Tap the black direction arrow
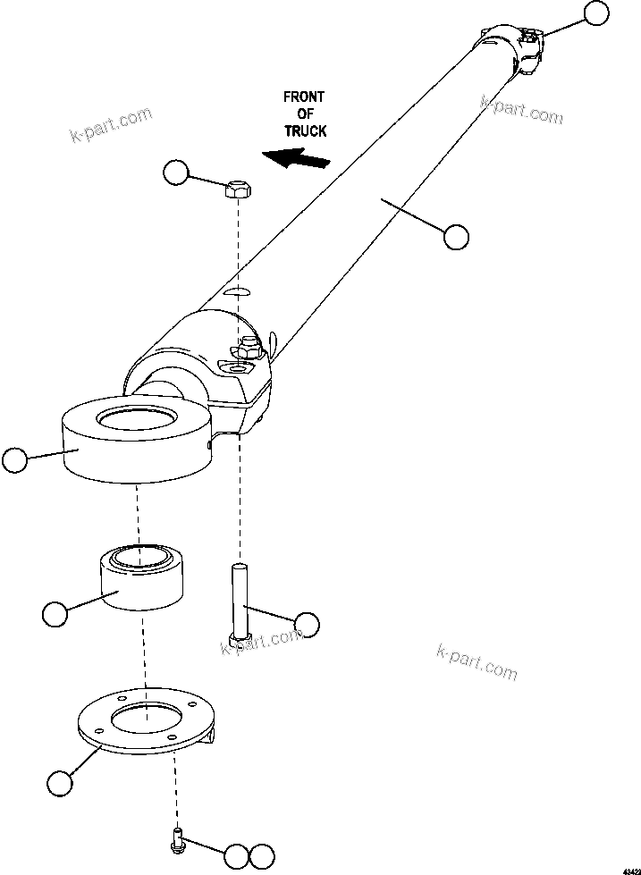tap(297, 160)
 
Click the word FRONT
tap(304, 97)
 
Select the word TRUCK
tap(305, 130)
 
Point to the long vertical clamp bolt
tap(239, 603)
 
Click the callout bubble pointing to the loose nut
tap(177, 172)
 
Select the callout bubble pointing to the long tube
tap(456, 237)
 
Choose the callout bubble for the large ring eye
tap(15, 460)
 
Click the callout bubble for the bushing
tap(55, 614)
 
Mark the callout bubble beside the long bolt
tap(307, 625)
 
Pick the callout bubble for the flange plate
tap(59, 783)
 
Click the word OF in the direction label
tap(304, 114)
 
